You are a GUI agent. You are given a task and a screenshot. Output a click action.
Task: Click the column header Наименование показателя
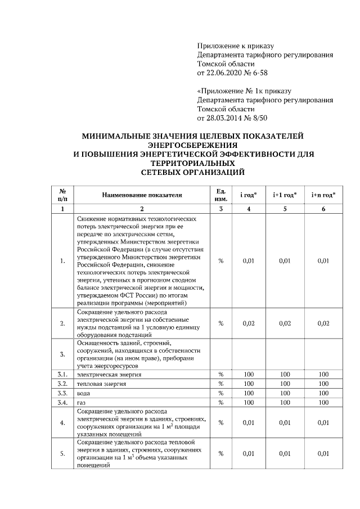pyautogui.click(x=142, y=195)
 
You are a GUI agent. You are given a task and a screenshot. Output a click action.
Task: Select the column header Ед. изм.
pyautogui.click(x=221, y=195)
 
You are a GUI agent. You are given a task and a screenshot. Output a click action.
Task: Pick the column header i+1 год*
pyautogui.click(x=285, y=195)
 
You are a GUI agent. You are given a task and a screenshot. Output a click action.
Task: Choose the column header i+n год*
pyautogui.click(x=323, y=195)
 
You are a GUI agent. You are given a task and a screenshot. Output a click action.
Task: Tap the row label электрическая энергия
pyautogui.click(x=109, y=374)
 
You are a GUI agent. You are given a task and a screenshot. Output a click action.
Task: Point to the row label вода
pyautogui.click(x=83, y=393)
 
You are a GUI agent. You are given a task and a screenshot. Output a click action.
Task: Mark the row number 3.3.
pyautogui.click(x=62, y=393)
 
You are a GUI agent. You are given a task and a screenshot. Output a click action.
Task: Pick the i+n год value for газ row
pyautogui.click(x=323, y=402)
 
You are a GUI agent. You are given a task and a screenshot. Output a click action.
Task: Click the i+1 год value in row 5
pyautogui.click(x=285, y=453)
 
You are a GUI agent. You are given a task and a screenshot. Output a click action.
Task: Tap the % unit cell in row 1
pyautogui.click(x=221, y=260)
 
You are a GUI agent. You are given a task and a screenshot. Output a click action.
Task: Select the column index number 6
pyautogui.click(x=323, y=209)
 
